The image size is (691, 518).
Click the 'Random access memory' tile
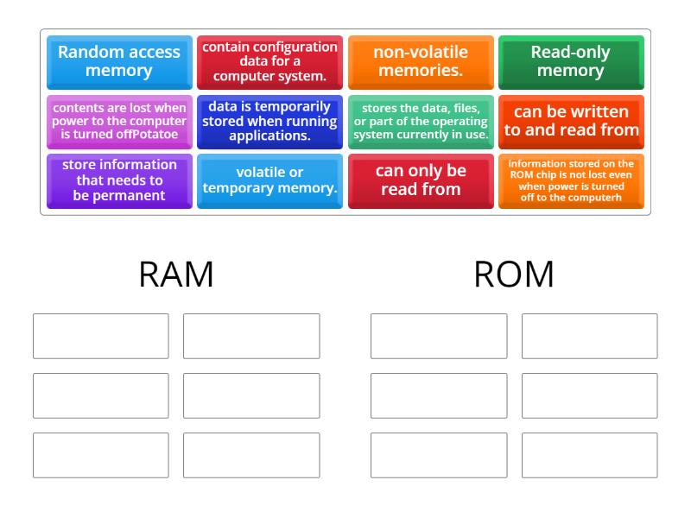pyautogui.click(x=119, y=61)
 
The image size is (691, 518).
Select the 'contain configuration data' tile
pyautogui.click(x=269, y=61)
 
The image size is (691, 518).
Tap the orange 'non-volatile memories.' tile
pyautogui.click(x=421, y=61)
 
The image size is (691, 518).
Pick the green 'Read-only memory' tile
pyautogui.click(x=571, y=61)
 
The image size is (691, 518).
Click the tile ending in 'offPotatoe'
pyautogui.click(x=119, y=122)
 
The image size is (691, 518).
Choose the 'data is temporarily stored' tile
pyautogui.click(x=269, y=122)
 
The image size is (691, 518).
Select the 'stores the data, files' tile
pyautogui.click(x=421, y=122)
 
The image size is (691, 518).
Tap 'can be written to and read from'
pyautogui.click(x=571, y=122)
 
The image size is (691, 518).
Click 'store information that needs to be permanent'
pyautogui.click(x=119, y=180)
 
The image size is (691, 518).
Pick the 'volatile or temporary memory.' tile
pyautogui.click(x=269, y=180)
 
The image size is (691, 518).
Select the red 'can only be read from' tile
pyautogui.click(x=421, y=180)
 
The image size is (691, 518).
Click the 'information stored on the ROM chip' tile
pyautogui.click(x=571, y=180)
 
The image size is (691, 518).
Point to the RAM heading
pyautogui.click(x=176, y=275)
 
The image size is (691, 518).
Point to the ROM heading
pyautogui.click(x=514, y=275)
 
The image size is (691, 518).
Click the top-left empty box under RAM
pyautogui.click(x=101, y=336)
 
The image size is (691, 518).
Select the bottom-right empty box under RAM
pyautogui.click(x=251, y=455)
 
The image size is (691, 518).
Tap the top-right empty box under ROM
pyautogui.click(x=589, y=336)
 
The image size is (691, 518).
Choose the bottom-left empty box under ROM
pyautogui.click(x=439, y=455)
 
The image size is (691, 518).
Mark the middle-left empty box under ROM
pyautogui.click(x=439, y=395)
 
